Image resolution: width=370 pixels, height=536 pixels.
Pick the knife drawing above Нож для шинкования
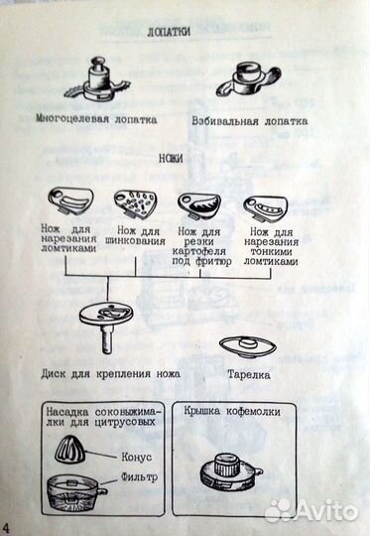[137, 203]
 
